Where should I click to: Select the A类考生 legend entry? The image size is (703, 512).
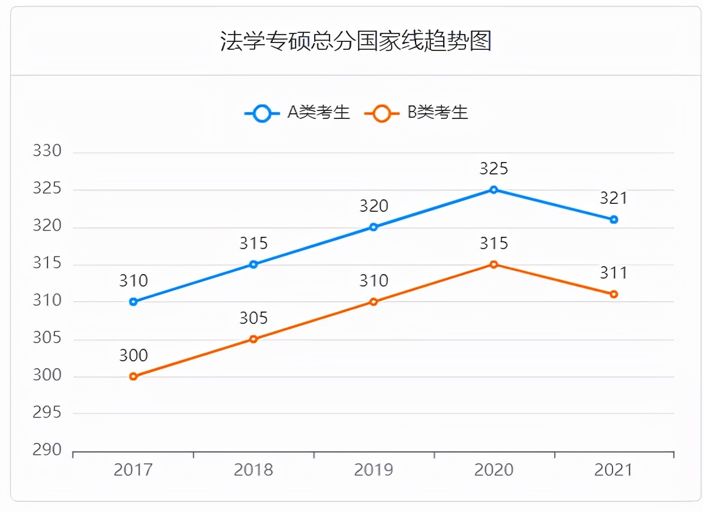[298, 113]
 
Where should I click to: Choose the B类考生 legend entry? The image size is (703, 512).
[417, 113]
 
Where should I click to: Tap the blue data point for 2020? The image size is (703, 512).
[494, 190]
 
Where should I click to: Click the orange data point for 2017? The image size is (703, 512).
[134, 377]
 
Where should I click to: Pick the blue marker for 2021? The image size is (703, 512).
[614, 220]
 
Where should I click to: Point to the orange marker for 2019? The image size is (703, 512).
[374, 302]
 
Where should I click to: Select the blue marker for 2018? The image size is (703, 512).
[254, 264]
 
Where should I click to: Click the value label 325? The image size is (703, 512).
[494, 169]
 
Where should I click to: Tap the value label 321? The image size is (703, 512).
[614, 198]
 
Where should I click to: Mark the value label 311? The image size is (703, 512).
[614, 273]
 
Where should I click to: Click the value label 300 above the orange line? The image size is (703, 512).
[134, 356]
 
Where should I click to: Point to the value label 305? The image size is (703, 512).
[254, 318]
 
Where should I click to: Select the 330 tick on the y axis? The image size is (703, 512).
[47, 151]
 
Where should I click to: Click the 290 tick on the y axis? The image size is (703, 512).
[47, 450]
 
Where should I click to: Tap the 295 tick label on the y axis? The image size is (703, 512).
[47, 412]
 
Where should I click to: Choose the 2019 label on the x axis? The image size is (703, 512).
[374, 470]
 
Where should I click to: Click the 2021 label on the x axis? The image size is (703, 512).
[614, 470]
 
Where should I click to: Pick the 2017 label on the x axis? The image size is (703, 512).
[134, 470]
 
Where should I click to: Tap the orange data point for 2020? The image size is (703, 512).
[494, 264]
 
